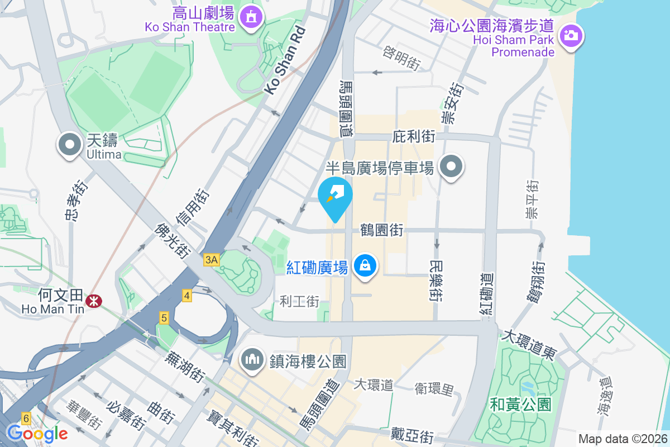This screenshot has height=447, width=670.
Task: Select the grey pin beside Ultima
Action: coord(70,145)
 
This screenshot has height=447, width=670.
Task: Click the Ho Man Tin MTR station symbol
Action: coord(93,302)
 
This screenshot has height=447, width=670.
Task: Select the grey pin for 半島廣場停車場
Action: coord(451,167)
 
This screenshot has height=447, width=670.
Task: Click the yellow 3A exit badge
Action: coord(211,260)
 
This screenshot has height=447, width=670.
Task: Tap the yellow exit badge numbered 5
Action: coord(164,318)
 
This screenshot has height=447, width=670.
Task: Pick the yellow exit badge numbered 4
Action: coord(186,296)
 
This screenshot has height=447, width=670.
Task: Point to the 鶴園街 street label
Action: coord(382,230)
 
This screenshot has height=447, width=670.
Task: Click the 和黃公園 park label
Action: coord(520,404)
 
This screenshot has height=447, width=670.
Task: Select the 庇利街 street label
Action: coord(414,136)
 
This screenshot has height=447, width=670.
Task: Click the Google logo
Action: coord(37,433)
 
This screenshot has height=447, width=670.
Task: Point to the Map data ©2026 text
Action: coord(622,439)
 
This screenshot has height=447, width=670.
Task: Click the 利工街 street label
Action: coord(300,302)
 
